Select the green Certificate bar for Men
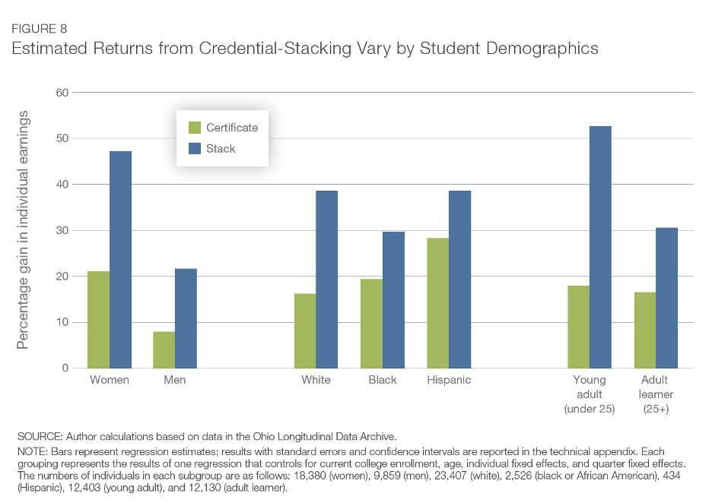click(x=164, y=350)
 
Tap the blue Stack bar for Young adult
click(x=600, y=247)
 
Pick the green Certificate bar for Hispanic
click(x=437, y=303)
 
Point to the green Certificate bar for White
click(x=305, y=331)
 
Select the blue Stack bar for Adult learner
click(x=666, y=298)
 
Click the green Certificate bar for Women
click(x=99, y=319)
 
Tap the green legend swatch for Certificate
click(x=194, y=128)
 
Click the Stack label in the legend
click(x=221, y=149)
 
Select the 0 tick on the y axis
click(x=65, y=368)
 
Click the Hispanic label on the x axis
click(x=449, y=380)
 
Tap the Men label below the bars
click(x=175, y=380)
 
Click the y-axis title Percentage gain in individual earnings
click(x=23, y=230)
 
